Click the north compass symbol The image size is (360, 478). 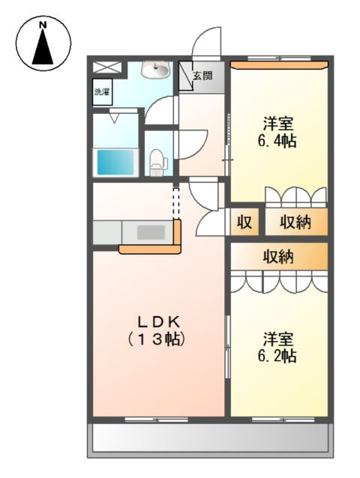point(43,43)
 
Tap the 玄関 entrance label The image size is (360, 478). point(202,75)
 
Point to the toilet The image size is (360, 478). point(157,160)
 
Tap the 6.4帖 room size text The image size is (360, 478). point(278,139)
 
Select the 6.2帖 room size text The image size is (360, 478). point(278,355)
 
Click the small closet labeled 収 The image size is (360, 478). point(244,222)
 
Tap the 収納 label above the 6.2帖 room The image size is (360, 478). point(278,256)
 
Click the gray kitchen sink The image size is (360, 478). point(150,232)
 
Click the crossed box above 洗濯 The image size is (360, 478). point(102,67)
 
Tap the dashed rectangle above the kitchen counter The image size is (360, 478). point(177,202)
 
